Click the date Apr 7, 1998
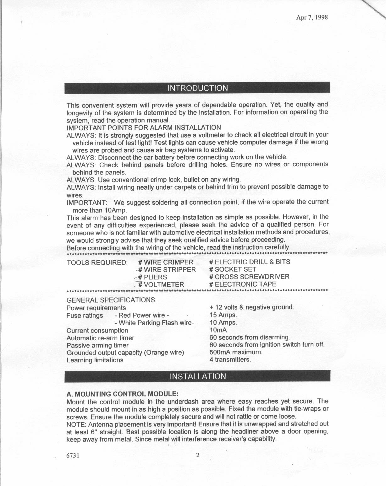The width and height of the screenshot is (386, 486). tap(312, 18)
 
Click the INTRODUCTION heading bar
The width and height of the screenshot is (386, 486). tap(198, 88)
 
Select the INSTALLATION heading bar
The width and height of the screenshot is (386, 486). tap(198, 376)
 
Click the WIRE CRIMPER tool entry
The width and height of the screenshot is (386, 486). tap(166, 262)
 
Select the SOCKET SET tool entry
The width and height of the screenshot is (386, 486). tap(233, 269)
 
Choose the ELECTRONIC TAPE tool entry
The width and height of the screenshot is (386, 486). tap(243, 284)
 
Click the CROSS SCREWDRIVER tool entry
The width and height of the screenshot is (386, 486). tap(250, 277)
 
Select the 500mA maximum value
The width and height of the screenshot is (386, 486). tap(235, 352)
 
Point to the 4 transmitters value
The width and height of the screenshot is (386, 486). tap(230, 360)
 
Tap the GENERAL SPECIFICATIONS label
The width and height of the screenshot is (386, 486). tap(112, 300)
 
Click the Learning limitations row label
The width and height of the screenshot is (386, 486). tap(95, 360)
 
